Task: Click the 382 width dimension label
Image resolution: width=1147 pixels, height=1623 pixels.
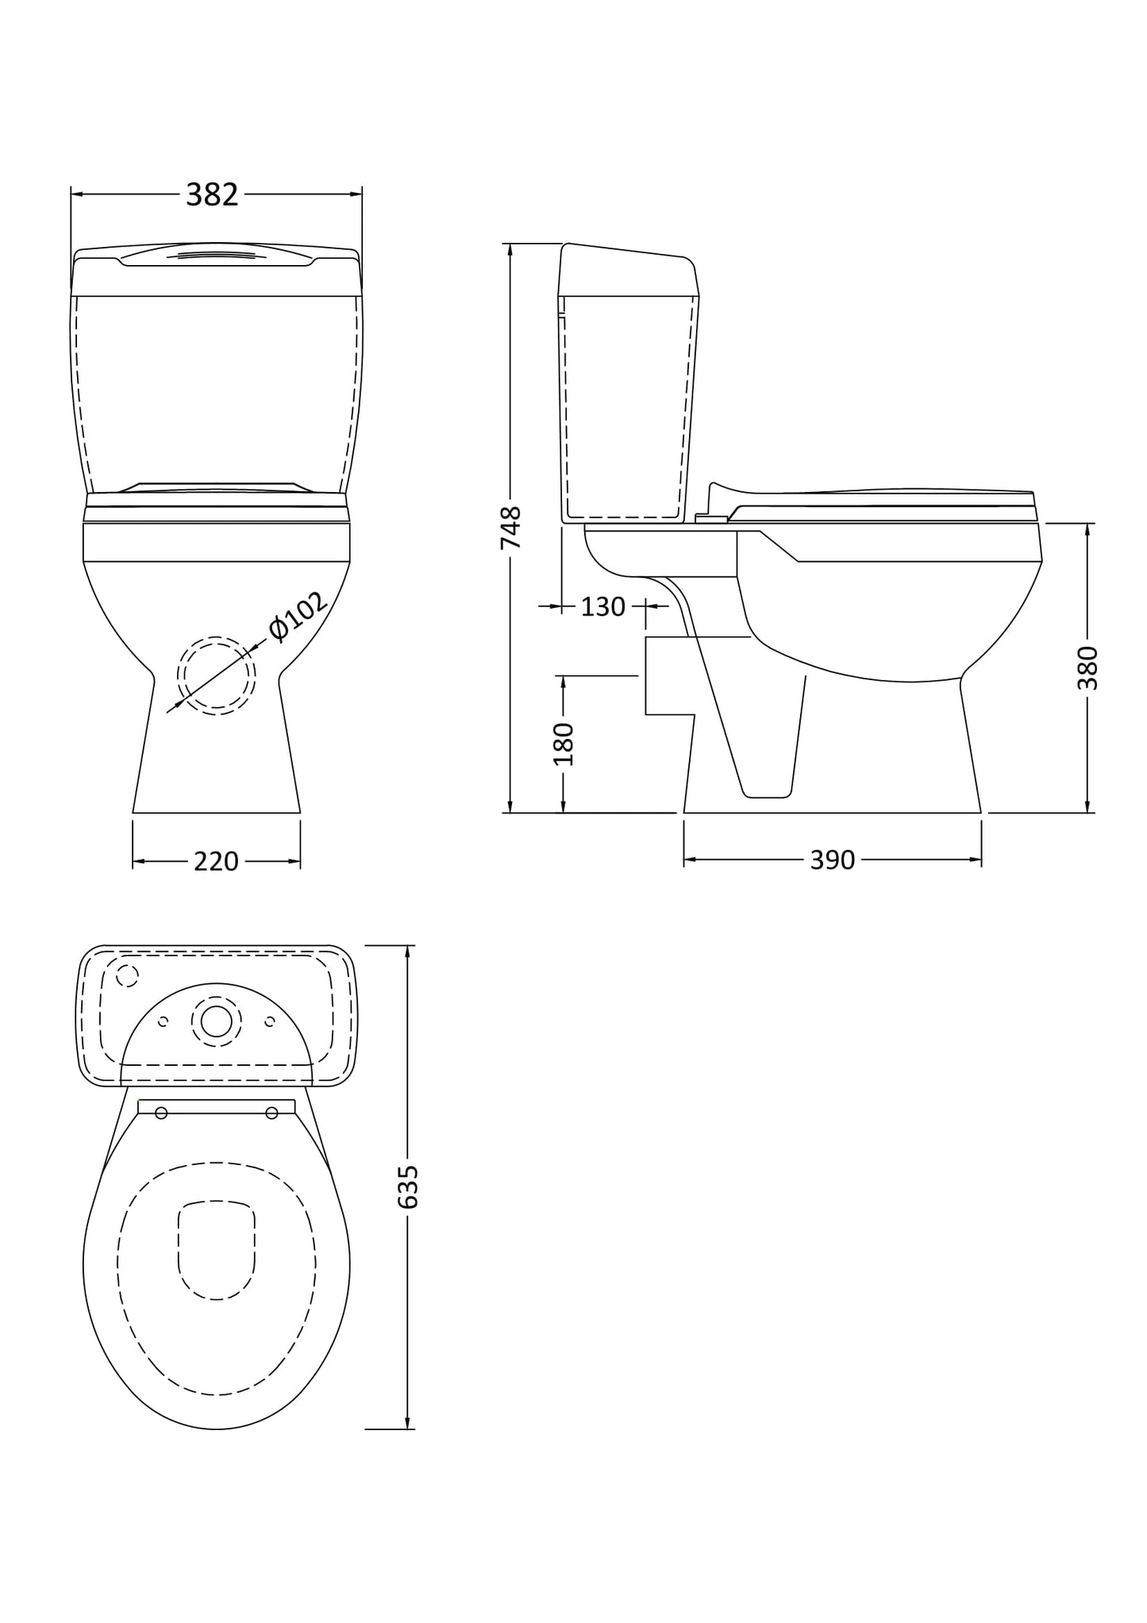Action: point(212,195)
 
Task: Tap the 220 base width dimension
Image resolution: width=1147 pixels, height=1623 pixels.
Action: point(216,861)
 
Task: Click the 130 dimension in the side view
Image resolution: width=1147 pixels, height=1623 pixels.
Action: point(603,607)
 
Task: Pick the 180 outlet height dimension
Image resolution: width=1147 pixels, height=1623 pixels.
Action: point(563,744)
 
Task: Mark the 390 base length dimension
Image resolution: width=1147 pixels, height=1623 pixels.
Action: point(832,860)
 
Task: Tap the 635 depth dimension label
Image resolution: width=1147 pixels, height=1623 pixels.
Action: point(407,1187)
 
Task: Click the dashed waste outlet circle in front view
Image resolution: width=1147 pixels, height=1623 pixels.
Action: point(216,675)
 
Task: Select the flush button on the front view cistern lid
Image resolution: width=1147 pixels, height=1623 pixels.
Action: point(216,255)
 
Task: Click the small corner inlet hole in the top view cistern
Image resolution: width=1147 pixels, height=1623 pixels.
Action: point(127,975)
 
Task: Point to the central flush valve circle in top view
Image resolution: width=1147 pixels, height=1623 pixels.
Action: point(216,1021)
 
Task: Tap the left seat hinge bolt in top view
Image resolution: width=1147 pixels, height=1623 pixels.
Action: point(162,1113)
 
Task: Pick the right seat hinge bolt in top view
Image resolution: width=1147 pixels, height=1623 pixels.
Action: point(271,1113)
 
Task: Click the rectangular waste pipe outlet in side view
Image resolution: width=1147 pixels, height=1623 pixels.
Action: point(667,675)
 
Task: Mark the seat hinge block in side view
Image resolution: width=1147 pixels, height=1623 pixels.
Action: point(711,518)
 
